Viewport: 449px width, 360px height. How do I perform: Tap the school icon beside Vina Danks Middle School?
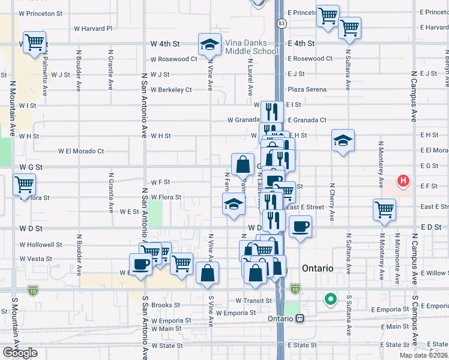click(x=209, y=44)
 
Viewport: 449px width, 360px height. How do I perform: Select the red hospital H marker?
click(x=404, y=180)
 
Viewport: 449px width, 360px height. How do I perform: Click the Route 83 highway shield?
click(x=281, y=23)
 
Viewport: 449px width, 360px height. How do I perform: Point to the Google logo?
click(x=20, y=353)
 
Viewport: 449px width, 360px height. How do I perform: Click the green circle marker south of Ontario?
click(x=330, y=298)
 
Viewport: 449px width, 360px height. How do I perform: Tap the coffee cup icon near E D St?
click(x=300, y=227)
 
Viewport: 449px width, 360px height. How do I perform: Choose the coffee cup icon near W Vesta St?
click(x=140, y=264)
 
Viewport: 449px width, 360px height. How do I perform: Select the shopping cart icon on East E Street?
click(x=384, y=209)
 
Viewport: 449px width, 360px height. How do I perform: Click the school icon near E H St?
click(x=343, y=141)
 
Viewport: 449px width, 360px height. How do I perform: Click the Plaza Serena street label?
click(x=307, y=89)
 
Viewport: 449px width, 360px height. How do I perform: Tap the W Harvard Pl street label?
click(x=93, y=28)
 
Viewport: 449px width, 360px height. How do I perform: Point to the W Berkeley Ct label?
click(x=171, y=90)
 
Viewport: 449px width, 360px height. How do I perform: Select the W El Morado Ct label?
click(x=81, y=151)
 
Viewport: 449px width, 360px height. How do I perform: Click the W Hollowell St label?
click(x=41, y=245)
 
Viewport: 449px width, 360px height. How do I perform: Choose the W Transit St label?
click(x=254, y=301)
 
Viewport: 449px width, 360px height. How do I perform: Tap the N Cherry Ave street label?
click(x=331, y=199)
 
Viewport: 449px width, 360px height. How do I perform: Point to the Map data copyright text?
click(x=423, y=355)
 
